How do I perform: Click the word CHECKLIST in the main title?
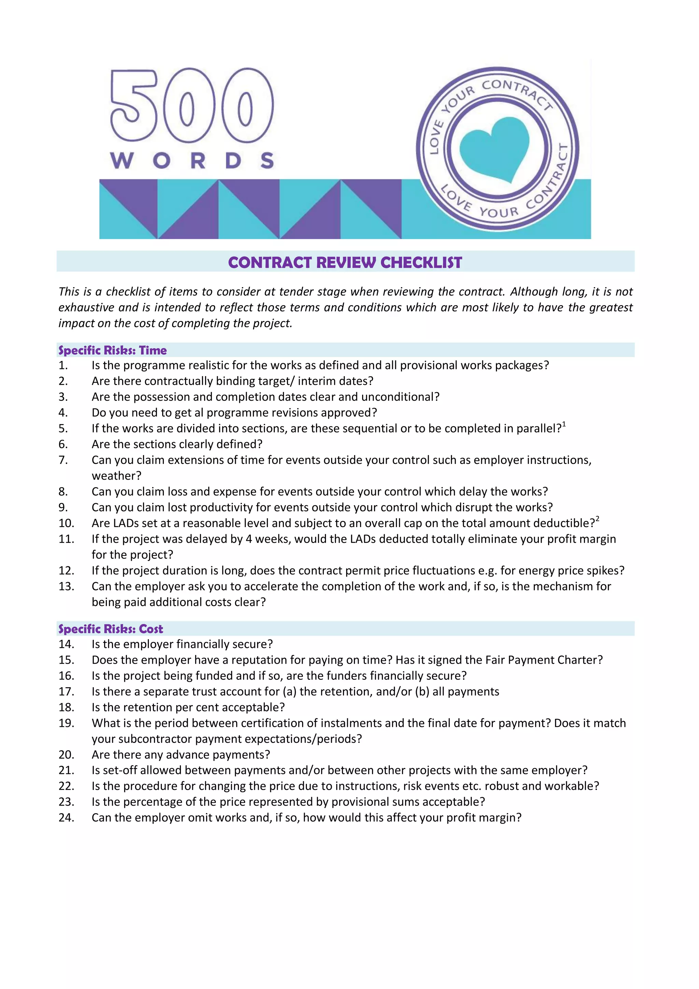tap(421, 262)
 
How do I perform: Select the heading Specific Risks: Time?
tap(112, 350)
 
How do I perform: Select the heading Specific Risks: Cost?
tap(111, 629)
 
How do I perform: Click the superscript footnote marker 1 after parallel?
tap(564, 425)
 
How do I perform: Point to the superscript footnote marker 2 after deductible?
tap(597, 520)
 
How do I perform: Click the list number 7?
tap(63, 460)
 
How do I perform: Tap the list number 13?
tap(66, 586)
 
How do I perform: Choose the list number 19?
tap(66, 723)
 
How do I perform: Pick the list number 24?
tap(66, 818)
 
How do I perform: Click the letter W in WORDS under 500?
tap(122, 161)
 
